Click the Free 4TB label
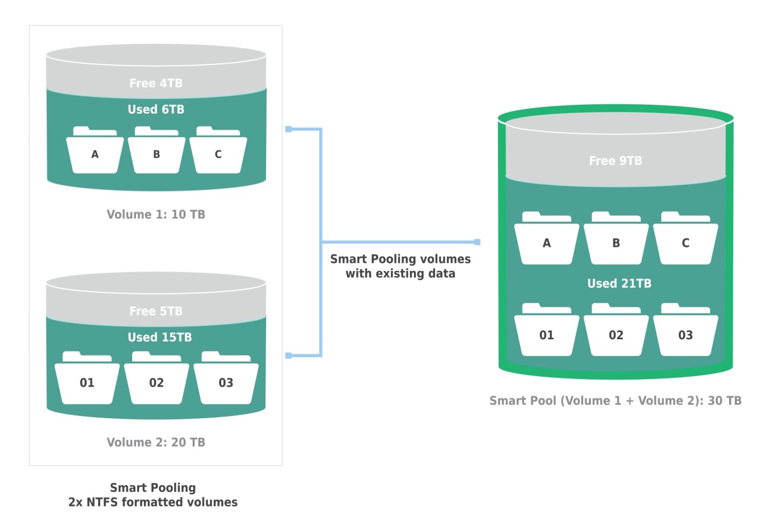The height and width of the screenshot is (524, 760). tap(156, 83)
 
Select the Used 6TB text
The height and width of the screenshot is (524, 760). tap(156, 109)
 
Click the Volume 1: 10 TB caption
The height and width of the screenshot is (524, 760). tap(156, 214)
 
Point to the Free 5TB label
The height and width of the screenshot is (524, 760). tap(156, 311)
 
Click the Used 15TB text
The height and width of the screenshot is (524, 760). tap(160, 337)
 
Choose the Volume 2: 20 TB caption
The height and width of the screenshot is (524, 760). tap(156, 442)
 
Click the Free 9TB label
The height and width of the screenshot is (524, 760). tap(616, 161)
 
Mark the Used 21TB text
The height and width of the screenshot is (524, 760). tap(619, 283)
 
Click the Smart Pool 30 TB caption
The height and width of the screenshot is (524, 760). tap(616, 400)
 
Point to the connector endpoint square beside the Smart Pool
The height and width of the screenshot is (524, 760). tap(477, 242)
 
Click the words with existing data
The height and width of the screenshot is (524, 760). tap(400, 274)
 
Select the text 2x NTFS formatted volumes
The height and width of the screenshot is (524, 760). tap(153, 502)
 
